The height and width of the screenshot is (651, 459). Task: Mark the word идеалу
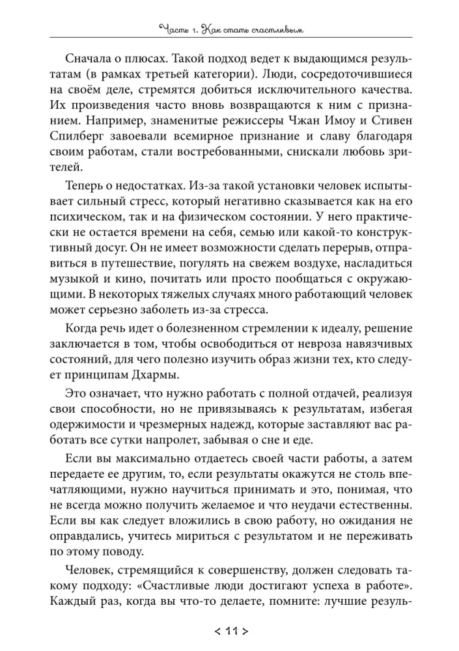(314, 324)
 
